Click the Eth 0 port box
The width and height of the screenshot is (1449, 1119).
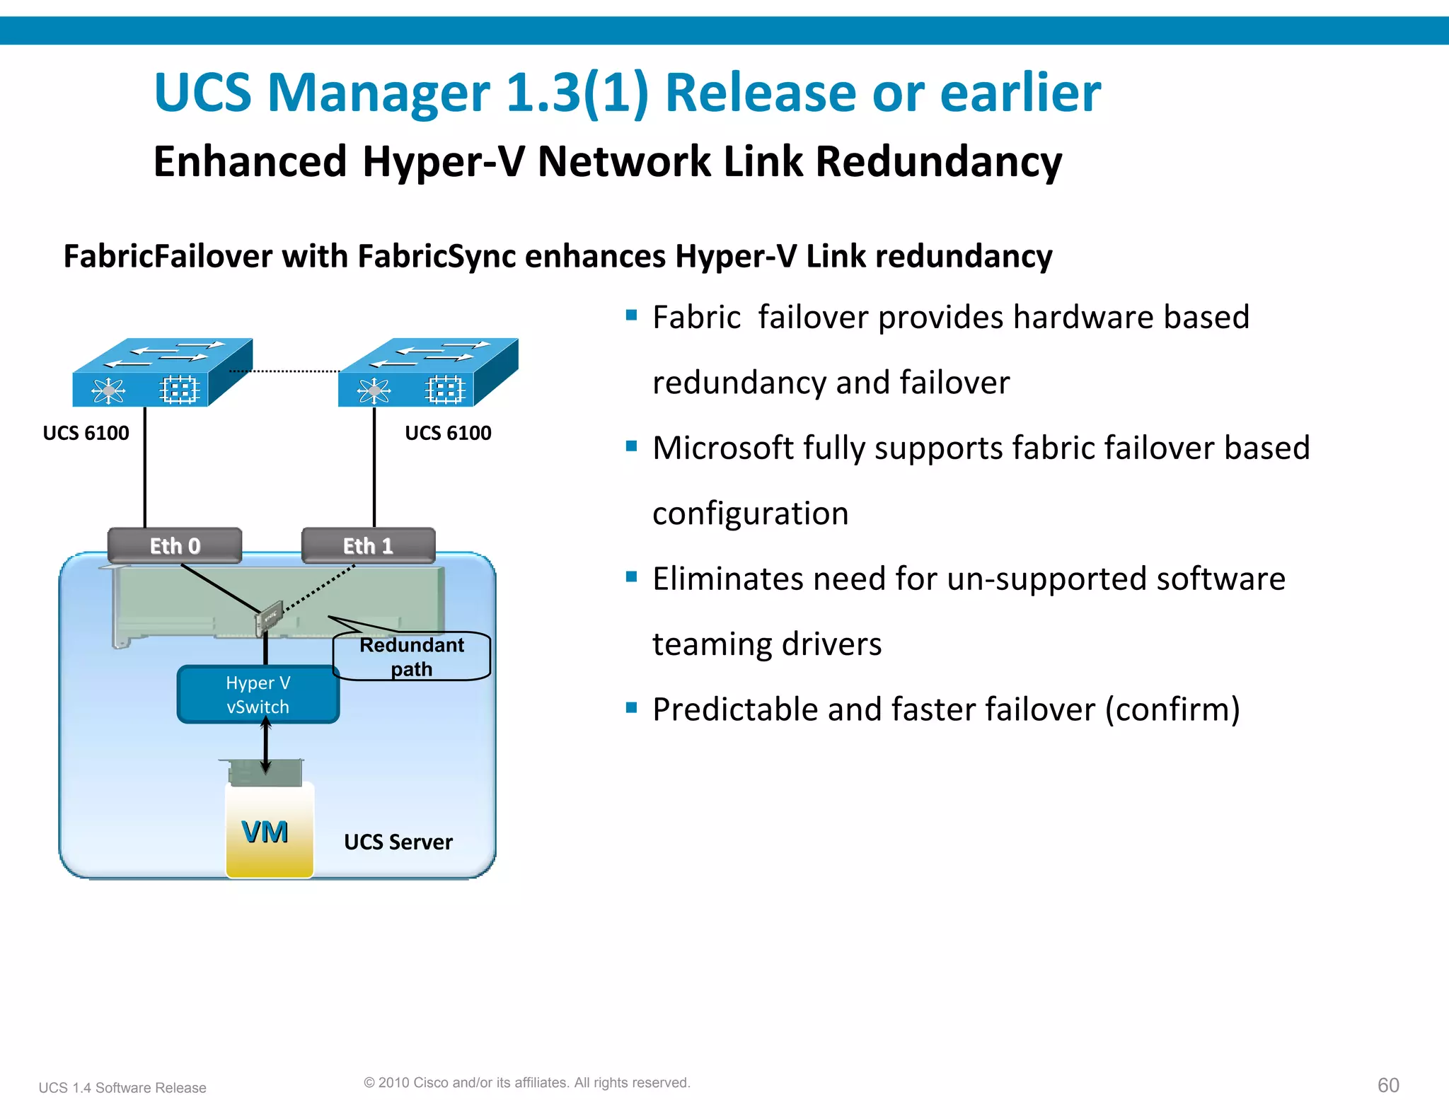(x=175, y=545)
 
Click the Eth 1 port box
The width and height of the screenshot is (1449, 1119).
(x=368, y=545)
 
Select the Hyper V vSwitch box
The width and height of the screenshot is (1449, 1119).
(x=258, y=695)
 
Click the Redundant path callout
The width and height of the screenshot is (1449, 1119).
(x=412, y=656)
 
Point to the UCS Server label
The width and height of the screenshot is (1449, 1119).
(x=398, y=842)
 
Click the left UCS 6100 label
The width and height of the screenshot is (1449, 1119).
(x=86, y=433)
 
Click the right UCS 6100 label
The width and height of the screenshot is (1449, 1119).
(x=448, y=433)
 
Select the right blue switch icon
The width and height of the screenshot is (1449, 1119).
(x=427, y=373)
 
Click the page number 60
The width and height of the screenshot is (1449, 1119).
(x=1388, y=1085)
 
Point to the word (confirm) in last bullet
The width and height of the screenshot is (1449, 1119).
(x=1172, y=709)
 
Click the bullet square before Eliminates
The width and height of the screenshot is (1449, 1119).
(x=632, y=576)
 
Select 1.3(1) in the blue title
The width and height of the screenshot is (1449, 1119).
(x=577, y=93)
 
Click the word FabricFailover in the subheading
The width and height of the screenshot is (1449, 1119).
(x=168, y=256)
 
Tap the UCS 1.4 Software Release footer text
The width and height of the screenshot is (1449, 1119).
(x=122, y=1088)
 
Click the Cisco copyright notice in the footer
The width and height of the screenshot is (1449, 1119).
(x=526, y=1082)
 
